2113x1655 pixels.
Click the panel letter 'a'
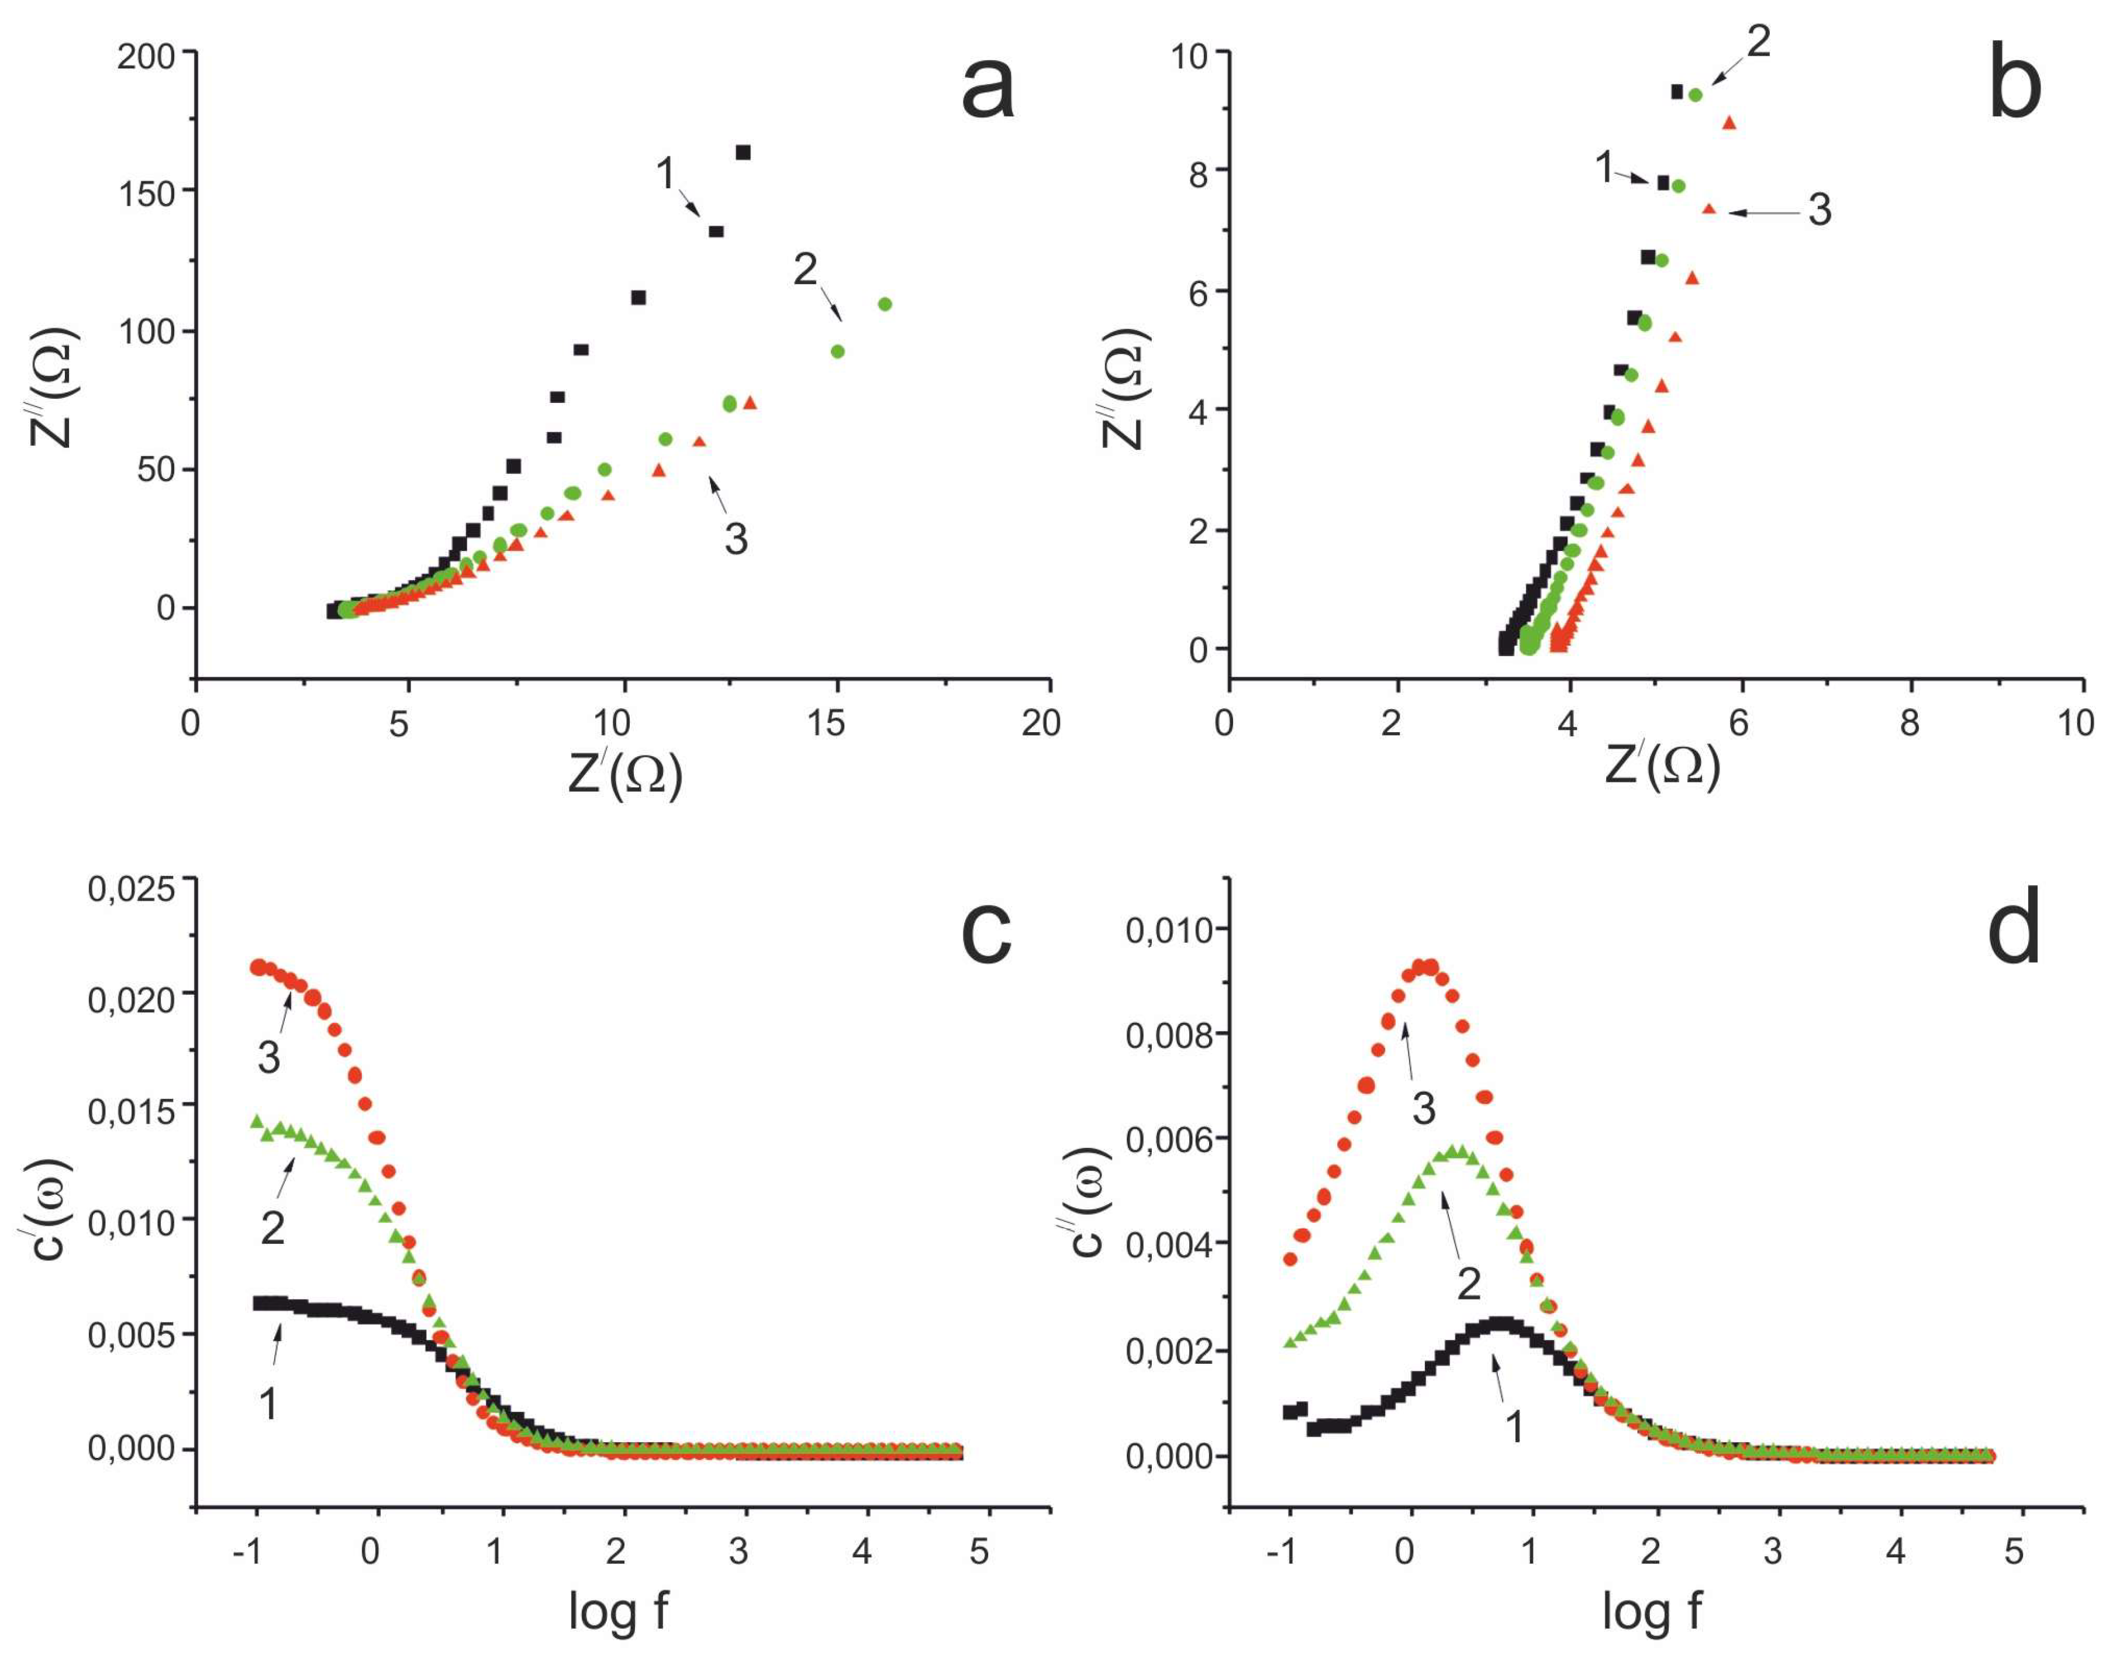[988, 90]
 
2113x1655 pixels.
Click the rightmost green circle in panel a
[885, 304]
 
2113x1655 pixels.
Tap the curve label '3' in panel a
[736, 539]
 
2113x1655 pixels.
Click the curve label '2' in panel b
[1759, 42]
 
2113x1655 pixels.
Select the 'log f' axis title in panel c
[618, 1611]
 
